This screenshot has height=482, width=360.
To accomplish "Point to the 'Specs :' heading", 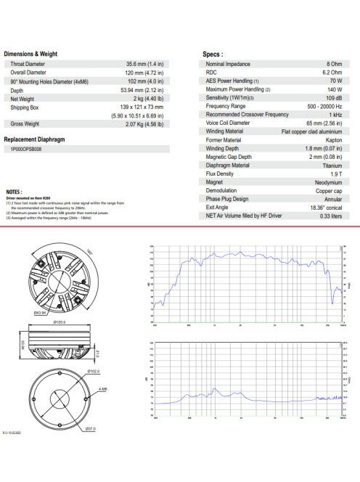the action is pos(212,54).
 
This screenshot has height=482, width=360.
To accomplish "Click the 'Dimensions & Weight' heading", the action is pos(30,54).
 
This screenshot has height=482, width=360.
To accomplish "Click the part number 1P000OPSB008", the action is pos(33,149).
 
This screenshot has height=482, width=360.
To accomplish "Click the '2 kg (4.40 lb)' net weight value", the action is pos(147,98).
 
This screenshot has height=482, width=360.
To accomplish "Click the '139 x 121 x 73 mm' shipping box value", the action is pos(141,107).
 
